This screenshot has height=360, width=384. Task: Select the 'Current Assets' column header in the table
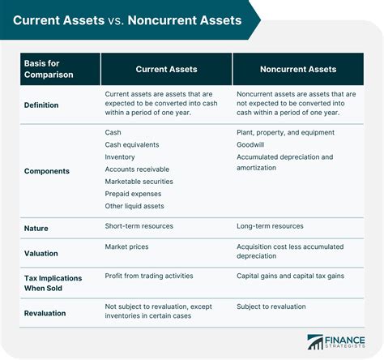166,68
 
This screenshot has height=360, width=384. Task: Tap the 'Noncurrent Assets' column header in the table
298,68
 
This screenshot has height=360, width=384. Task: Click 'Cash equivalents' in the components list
132,144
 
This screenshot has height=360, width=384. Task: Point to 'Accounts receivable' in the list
138,169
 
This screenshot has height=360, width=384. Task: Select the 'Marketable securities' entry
139,182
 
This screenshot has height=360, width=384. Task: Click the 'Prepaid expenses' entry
133,194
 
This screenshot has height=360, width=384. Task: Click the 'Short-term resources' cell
139,226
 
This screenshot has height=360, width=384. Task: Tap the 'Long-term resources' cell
270,226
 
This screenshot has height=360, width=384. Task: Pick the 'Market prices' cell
126,246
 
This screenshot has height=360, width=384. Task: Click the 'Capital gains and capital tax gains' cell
291,276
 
